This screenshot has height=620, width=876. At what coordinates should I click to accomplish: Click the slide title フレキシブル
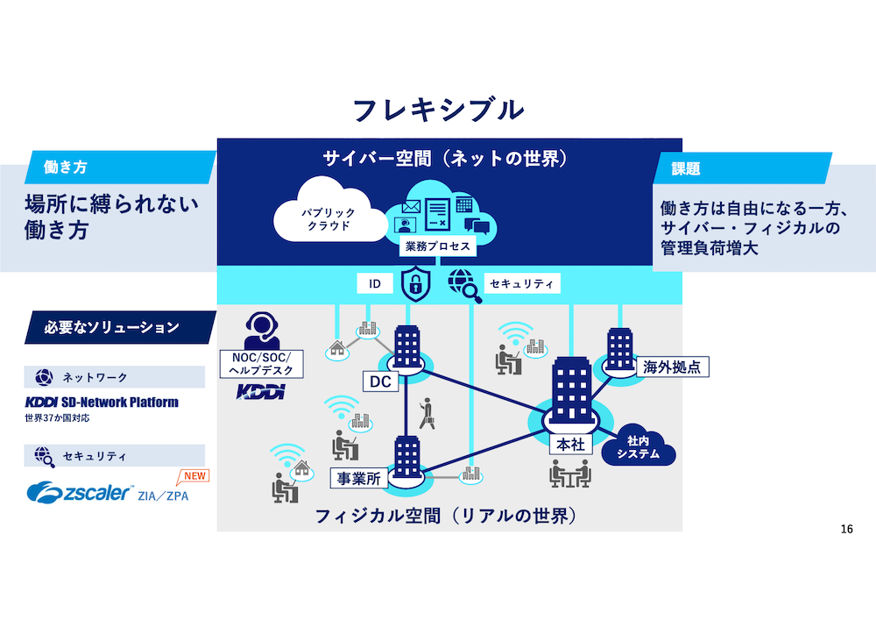[x=438, y=110]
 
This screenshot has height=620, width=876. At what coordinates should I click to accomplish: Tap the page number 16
[x=846, y=529]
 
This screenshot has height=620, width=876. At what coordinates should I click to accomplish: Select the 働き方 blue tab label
[x=70, y=167]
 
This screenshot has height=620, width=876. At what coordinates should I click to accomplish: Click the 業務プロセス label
[x=437, y=246]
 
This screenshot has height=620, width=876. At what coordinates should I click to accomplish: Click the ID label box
[x=374, y=285]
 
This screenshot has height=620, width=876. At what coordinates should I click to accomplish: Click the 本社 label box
[x=570, y=444]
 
